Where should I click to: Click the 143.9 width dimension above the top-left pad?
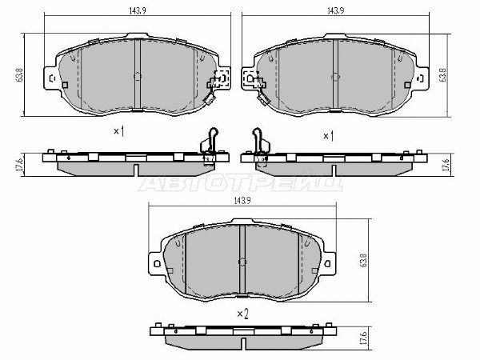[138, 10]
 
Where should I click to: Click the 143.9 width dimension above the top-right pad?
[335, 10]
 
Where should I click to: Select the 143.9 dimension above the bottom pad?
[242, 201]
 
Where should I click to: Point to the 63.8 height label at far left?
[19, 75]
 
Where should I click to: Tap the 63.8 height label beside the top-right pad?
[442, 74]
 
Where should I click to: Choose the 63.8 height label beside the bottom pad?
[364, 260]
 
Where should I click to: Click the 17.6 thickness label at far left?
[19, 164]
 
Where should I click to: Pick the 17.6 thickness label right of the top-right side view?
[446, 164]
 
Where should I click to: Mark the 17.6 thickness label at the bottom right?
[363, 338]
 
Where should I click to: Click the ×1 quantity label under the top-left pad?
[119, 132]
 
